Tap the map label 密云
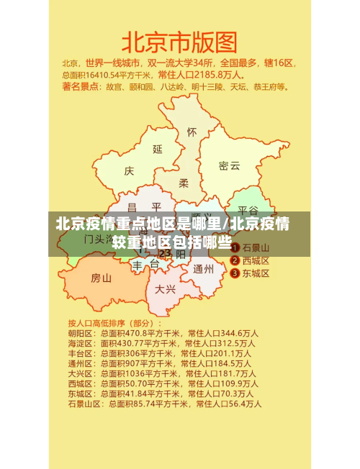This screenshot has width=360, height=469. pos(230,165)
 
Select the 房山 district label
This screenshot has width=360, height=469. pos(101,278)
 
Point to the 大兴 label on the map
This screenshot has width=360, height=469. pos(166,289)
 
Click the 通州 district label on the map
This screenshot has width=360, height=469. pos(203,269)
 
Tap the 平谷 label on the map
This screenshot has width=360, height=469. pos(248,211)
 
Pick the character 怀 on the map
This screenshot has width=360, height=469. pos(192,132)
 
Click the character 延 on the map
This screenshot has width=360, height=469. pos(158,150)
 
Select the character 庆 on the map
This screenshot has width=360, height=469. pos(129,171)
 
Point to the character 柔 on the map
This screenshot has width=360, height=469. pos(184,183)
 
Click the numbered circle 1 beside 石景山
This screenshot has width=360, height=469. pos(235,247)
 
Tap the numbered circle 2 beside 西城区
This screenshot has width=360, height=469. pos(235,260)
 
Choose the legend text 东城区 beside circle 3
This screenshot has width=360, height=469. pos(256,273)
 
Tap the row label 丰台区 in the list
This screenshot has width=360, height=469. pos(80,353)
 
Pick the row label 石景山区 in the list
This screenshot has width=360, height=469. pos(84,404)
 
